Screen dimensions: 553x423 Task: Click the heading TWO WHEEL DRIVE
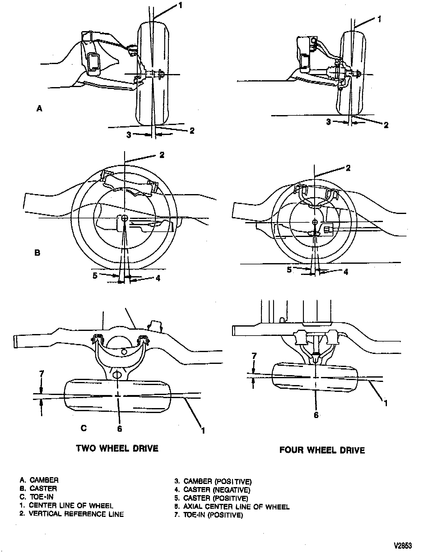[117, 448]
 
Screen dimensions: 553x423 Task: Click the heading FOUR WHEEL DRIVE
[322, 450]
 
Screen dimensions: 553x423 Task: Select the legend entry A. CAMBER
[39, 480]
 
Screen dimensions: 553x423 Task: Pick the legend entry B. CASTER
[38, 489]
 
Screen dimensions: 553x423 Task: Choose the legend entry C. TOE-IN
[36, 497]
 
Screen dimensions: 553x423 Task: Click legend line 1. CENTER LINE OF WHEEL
[66, 506]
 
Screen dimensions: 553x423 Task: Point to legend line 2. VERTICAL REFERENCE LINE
[72, 514]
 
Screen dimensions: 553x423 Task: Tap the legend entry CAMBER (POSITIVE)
[213, 482]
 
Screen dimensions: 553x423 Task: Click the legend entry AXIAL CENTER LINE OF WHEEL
[232, 507]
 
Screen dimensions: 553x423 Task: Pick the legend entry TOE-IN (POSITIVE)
[208, 515]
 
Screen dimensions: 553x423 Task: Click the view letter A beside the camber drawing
[40, 108]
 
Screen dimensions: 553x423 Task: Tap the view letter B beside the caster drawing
[37, 253]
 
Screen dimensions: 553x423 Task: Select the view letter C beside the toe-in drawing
[83, 428]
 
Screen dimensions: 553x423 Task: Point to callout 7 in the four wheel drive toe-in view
[254, 356]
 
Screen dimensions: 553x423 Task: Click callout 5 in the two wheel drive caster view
[95, 275]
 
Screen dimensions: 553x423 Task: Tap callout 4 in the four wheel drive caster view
[346, 272]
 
